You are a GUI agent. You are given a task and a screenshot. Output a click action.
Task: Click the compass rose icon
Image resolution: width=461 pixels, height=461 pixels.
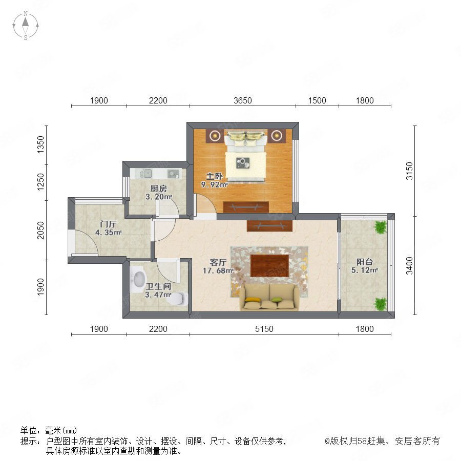[x=26, y=26]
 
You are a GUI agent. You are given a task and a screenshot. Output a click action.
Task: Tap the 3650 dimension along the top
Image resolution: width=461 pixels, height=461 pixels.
[x=243, y=100]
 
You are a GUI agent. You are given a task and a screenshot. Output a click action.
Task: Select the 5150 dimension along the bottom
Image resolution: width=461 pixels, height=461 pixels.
[x=264, y=329]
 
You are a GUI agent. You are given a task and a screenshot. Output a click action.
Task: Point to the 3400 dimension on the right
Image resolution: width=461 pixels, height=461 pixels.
[x=409, y=265]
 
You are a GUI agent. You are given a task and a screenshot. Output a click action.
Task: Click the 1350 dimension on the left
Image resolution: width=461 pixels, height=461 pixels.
[x=40, y=144]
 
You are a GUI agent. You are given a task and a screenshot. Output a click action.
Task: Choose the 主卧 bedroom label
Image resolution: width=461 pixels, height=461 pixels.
[x=214, y=176]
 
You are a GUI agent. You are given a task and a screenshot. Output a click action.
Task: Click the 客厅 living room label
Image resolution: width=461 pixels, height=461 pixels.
[x=218, y=262]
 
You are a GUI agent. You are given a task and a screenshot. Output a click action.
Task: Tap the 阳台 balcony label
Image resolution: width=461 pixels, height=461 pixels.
[x=365, y=262]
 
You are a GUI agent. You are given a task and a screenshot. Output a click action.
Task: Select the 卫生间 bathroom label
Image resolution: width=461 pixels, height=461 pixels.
[x=158, y=286]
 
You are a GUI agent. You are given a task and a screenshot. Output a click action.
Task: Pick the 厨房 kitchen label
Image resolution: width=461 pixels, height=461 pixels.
[x=158, y=188]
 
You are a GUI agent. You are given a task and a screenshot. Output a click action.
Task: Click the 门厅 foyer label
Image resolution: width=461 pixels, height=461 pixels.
[x=108, y=224]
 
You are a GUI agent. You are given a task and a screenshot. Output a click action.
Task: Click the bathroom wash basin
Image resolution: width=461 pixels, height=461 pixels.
[x=138, y=279]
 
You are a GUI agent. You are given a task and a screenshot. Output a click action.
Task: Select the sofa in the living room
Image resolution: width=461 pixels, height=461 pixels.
[x=269, y=297]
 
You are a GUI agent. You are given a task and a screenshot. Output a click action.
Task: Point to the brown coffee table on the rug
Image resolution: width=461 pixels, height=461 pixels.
[x=269, y=266]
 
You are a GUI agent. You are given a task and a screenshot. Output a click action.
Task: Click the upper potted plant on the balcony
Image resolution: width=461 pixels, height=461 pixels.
[x=380, y=227]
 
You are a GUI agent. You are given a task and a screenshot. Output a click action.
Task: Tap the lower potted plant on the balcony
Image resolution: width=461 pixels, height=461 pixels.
[x=380, y=304]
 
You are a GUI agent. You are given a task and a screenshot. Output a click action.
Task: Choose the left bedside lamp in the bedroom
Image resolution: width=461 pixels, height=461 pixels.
[x=215, y=136]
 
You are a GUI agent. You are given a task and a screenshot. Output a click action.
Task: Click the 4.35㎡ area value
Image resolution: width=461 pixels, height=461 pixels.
[x=108, y=232]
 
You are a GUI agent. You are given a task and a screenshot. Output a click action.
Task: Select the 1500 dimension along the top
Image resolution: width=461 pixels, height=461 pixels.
[x=317, y=100]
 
